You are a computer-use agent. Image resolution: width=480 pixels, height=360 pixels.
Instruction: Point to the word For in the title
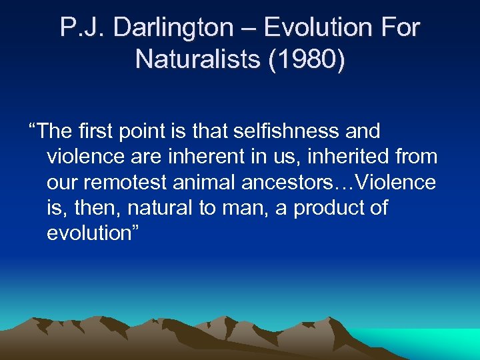398,28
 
